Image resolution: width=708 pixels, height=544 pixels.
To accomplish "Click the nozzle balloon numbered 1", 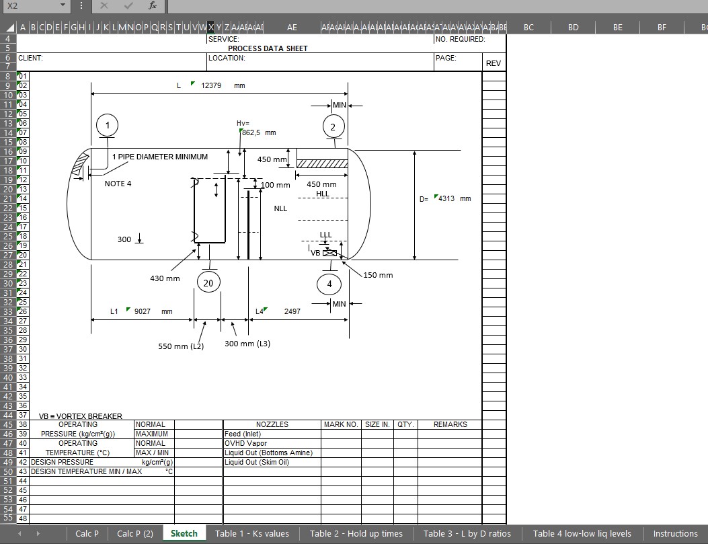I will (x=108, y=125).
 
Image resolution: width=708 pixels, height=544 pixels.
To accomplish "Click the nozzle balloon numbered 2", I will (x=333, y=126).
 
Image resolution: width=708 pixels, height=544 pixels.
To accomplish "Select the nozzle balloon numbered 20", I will (x=208, y=283).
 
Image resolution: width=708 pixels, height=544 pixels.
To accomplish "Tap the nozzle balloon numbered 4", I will (x=329, y=284).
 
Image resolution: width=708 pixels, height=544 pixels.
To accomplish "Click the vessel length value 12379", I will (x=211, y=86).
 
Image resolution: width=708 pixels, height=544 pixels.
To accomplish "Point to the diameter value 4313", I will (x=447, y=199).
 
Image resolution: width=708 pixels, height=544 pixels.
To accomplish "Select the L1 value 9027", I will (x=142, y=311).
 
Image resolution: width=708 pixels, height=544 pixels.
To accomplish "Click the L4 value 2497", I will (x=292, y=311).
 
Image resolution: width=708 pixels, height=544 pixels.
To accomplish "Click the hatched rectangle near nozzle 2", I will (x=322, y=163).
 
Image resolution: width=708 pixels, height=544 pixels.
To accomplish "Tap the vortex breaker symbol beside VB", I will (x=330, y=253).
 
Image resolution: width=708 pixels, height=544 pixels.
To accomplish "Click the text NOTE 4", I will (x=118, y=184).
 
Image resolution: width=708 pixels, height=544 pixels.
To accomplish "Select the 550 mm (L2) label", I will (x=181, y=346).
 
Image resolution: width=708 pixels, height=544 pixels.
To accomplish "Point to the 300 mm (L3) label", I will (x=247, y=344).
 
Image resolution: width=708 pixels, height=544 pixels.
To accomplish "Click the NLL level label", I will (x=280, y=208).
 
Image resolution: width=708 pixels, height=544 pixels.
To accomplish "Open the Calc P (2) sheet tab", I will (x=134, y=534).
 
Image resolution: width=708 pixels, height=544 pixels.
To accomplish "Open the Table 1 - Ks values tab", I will (x=251, y=534).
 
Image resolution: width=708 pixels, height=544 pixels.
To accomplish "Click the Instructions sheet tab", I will (x=675, y=534).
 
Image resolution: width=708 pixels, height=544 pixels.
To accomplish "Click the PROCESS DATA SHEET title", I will (x=268, y=48).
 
